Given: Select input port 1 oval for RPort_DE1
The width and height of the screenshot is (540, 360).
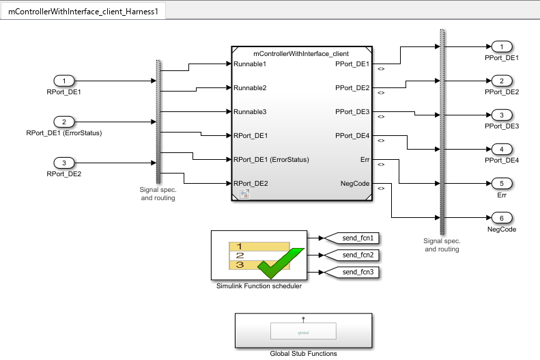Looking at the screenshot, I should click(64, 81).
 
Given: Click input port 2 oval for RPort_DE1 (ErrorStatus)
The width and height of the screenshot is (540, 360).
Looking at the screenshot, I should click(64, 122).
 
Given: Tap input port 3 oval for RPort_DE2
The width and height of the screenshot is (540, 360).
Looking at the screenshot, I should click(64, 163).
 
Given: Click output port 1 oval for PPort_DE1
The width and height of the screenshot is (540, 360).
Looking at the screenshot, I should click(502, 46).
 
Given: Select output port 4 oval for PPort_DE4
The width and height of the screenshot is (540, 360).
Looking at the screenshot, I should click(502, 149).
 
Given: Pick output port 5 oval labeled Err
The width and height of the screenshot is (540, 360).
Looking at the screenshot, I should click(502, 183).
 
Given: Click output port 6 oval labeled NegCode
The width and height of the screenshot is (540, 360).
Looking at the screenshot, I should click(502, 218).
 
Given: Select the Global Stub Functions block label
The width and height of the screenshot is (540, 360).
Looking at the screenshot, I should click(303, 353).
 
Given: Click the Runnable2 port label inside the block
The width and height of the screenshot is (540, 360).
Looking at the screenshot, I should click(250, 88).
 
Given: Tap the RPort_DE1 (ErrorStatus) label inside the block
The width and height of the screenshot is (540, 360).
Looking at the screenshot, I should click(271, 160).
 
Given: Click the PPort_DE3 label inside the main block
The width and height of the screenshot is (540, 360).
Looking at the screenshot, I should click(352, 112).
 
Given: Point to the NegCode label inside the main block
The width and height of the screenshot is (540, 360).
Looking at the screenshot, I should click(354, 184).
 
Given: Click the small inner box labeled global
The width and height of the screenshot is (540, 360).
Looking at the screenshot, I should click(303, 332).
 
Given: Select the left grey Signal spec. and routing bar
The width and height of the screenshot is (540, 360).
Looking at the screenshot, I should click(158, 122).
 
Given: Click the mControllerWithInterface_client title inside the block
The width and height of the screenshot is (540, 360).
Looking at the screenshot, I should click(301, 53).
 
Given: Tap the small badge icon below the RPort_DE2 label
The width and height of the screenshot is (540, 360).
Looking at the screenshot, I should click(243, 195).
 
